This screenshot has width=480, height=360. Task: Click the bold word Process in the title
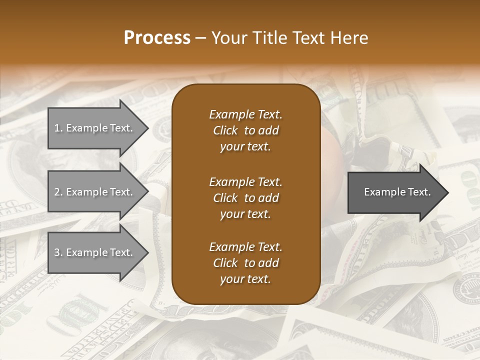(x=157, y=38)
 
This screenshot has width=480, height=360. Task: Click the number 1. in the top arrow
(x=58, y=128)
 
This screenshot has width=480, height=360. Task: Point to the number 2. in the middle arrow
(x=58, y=192)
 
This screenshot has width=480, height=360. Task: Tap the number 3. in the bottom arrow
(x=58, y=252)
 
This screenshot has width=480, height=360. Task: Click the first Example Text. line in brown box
(x=245, y=114)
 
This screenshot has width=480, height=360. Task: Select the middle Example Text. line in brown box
(x=245, y=181)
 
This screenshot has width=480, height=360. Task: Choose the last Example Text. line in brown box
(x=245, y=247)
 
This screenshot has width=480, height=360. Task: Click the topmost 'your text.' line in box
(x=245, y=147)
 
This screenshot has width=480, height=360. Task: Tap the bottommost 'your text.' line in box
(x=245, y=279)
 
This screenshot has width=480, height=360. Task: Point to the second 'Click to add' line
(x=245, y=198)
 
